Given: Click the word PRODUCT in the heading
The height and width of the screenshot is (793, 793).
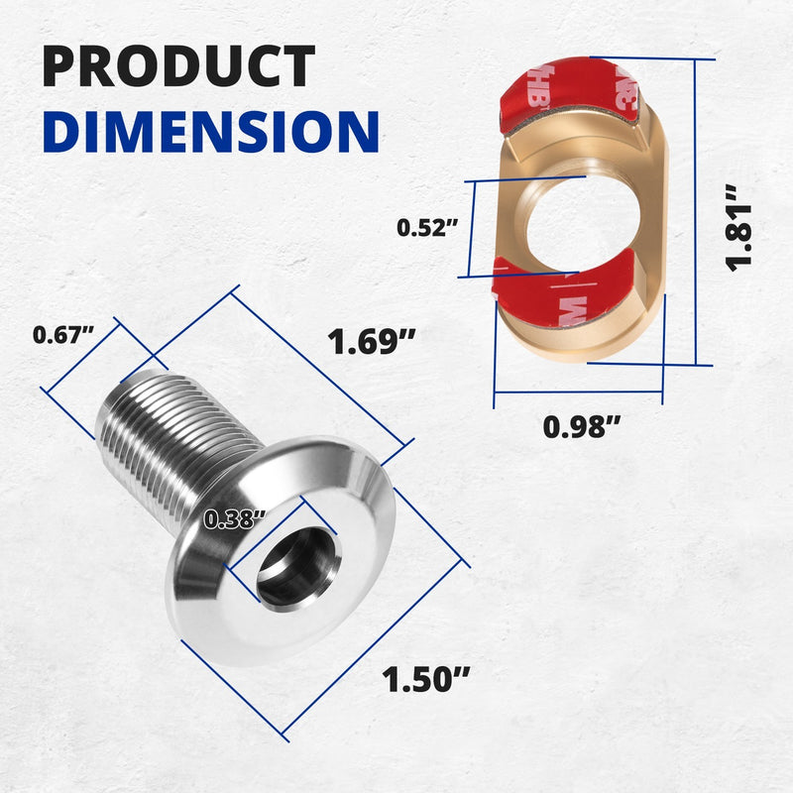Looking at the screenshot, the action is point(178,65).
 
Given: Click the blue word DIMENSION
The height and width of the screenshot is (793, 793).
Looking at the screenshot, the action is point(211,131).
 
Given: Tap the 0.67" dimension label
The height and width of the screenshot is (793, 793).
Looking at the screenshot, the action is point(63,335).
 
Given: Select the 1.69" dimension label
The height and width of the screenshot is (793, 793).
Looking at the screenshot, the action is point(371,341).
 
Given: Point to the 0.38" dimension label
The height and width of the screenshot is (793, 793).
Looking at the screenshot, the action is point(234,518).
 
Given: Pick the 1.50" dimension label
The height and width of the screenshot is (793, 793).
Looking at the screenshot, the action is point(425,679).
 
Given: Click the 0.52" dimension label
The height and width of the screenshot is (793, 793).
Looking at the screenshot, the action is point(427,228).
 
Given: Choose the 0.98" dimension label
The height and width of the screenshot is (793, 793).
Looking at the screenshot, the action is point(581,427).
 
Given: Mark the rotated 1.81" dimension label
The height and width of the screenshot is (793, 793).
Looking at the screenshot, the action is point(738,228).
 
